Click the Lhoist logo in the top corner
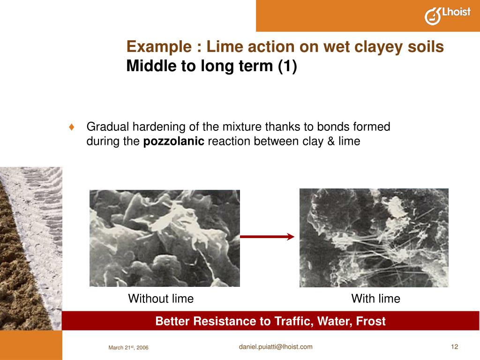(x=447, y=15)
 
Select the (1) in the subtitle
(x=287, y=67)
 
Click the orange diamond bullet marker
(x=72, y=127)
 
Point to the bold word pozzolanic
(x=173, y=141)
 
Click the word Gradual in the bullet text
(x=107, y=127)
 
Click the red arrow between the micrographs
(x=267, y=237)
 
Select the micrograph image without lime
(x=165, y=238)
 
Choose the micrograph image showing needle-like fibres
(x=374, y=238)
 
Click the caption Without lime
(x=161, y=299)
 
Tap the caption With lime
(x=375, y=299)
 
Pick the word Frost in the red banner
(x=370, y=321)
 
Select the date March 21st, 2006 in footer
(x=128, y=347)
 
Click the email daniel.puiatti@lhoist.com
(x=275, y=346)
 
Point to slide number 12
(x=454, y=346)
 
